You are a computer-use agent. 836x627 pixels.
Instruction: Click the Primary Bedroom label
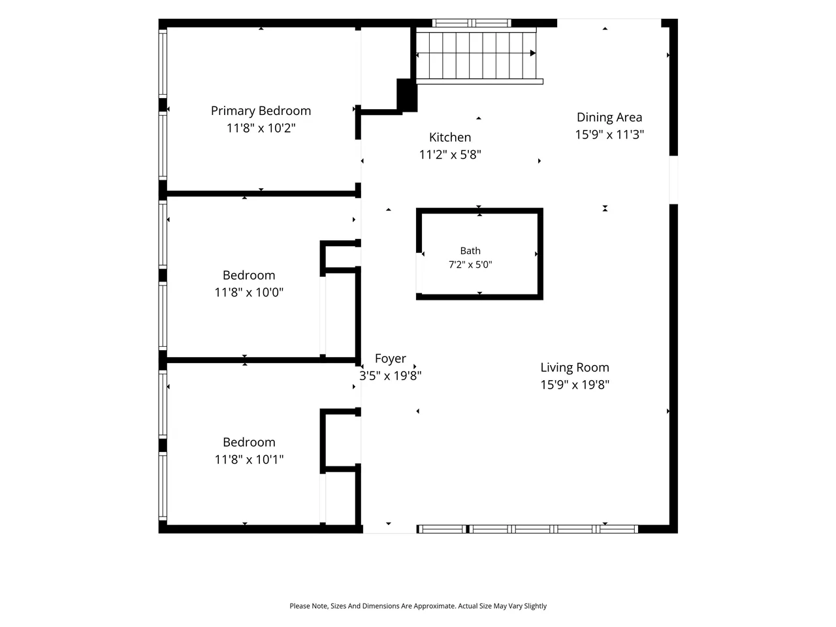[261, 111]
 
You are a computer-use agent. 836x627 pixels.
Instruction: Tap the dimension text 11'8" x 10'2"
[261, 128]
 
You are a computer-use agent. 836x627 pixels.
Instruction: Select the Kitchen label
[450, 137]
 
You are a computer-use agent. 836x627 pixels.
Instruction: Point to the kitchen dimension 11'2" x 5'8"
[450, 155]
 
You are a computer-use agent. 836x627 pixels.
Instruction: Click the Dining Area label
[609, 118]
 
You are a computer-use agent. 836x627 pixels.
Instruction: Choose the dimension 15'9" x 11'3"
[609, 135]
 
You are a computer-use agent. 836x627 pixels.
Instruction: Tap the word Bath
[470, 251]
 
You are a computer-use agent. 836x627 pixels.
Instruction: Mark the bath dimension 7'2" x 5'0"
[470, 265]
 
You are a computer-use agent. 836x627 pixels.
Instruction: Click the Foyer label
[391, 359]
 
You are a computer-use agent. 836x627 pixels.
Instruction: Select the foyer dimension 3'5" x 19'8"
[391, 376]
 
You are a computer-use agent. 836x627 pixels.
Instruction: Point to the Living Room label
[575, 367]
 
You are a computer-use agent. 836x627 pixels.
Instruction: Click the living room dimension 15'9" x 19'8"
[575, 385]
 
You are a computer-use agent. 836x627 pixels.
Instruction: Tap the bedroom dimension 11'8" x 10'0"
[249, 293]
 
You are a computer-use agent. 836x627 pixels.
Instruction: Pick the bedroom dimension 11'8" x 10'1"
[249, 460]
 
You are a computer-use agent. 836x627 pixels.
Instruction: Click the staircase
[476, 56]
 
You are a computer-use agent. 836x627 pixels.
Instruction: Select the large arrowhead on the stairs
[533, 54]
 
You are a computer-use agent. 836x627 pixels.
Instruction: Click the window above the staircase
[472, 23]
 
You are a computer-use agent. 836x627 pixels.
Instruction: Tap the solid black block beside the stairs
[407, 95]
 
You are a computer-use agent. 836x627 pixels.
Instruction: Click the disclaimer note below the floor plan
[418, 606]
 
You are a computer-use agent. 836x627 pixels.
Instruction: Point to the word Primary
[233, 111]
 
